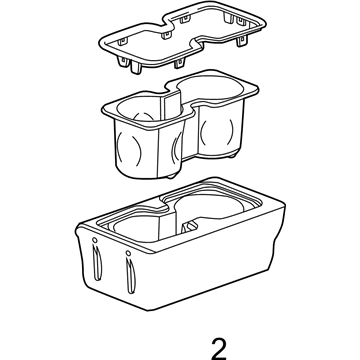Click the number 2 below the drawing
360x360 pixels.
(x=219, y=348)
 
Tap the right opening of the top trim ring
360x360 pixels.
(x=220, y=27)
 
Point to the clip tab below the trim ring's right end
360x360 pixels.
(x=242, y=41)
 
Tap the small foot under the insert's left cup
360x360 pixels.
(x=171, y=175)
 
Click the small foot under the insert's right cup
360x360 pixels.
(x=232, y=155)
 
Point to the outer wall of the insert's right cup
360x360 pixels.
(x=218, y=131)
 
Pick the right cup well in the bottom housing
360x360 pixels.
(x=212, y=208)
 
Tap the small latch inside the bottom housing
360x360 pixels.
(x=190, y=227)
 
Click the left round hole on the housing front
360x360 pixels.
(x=95, y=240)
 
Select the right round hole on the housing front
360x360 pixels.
(x=128, y=253)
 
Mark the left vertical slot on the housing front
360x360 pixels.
(x=97, y=262)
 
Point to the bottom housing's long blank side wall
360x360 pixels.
(x=213, y=263)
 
